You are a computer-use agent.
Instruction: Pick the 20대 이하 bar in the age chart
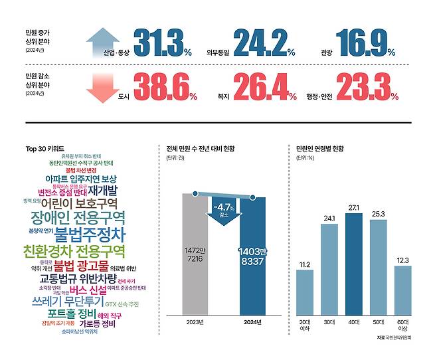pos(305,292)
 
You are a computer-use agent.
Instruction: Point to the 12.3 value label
pos(403,260)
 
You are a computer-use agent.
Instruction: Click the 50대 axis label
pos(379,322)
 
